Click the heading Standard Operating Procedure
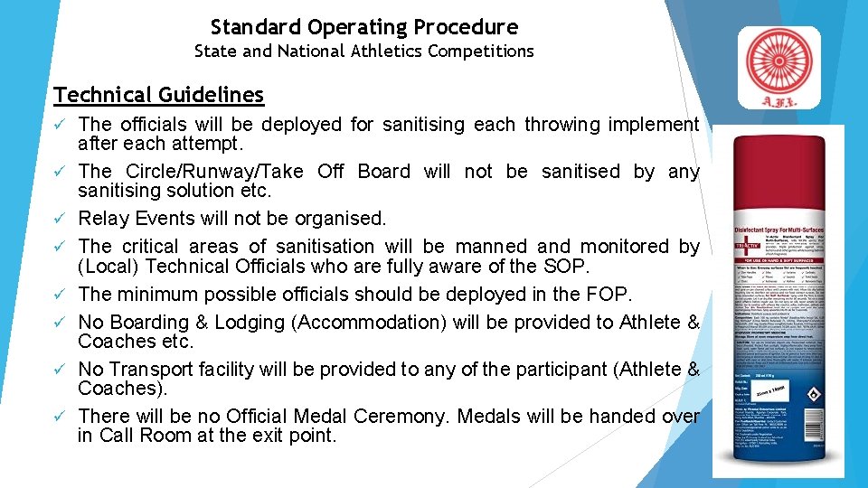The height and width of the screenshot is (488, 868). (363, 27)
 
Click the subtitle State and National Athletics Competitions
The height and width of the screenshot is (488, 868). (363, 52)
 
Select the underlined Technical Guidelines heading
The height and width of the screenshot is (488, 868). (158, 95)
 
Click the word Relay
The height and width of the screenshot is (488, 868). (106, 219)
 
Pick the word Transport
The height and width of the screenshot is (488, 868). (150, 370)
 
